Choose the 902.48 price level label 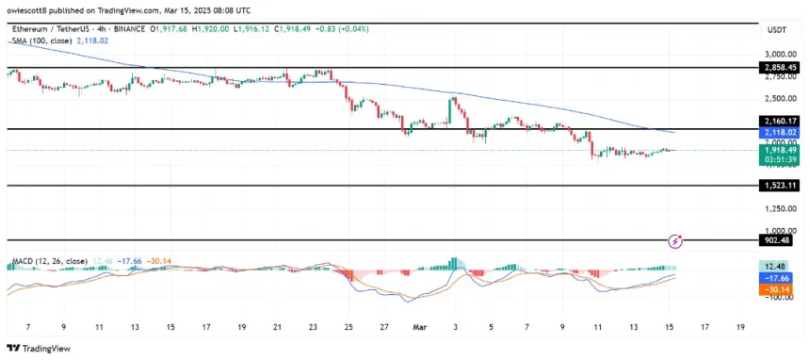click(x=781, y=240)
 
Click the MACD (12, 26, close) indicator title click(x=47, y=260)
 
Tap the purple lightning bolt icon click(x=674, y=242)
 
